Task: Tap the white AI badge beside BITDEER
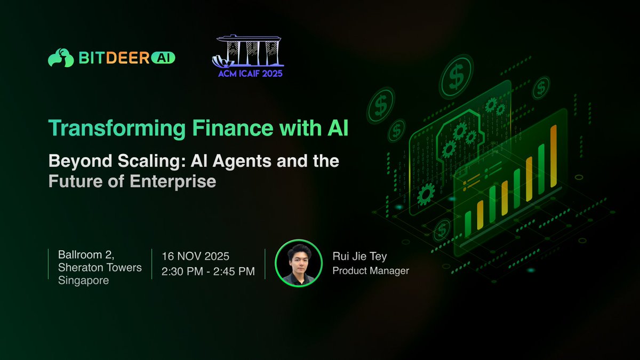(163, 58)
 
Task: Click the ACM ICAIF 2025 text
(251, 73)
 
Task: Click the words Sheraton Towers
(100, 267)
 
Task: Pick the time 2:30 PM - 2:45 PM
(208, 271)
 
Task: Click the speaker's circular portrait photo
(299, 263)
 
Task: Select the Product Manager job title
(371, 271)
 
